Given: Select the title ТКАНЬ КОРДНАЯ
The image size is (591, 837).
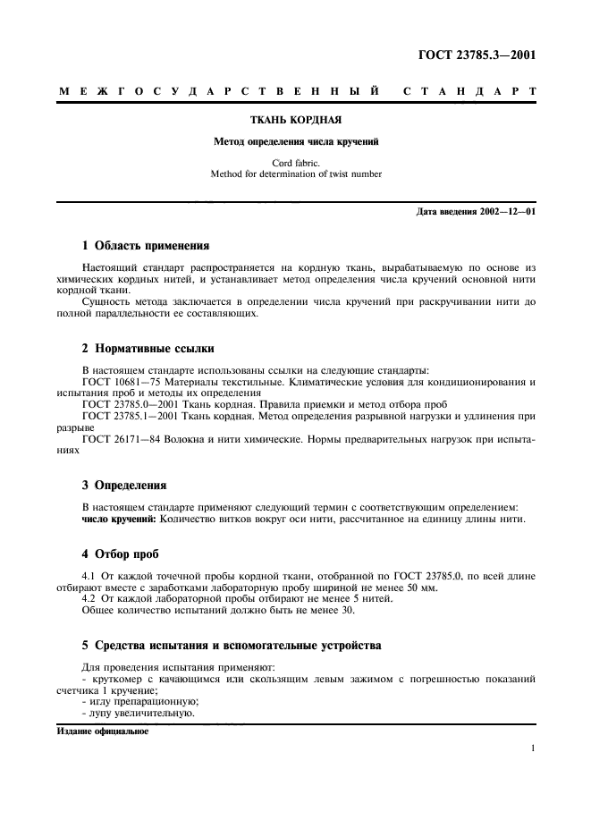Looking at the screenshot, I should click(x=295, y=119).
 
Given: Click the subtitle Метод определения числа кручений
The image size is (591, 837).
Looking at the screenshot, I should click(x=295, y=141).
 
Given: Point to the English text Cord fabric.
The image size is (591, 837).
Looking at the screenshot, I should click(x=295, y=163).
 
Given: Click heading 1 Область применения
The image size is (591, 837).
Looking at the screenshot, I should click(x=146, y=245).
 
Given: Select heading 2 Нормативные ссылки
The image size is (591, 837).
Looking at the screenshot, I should click(x=148, y=349).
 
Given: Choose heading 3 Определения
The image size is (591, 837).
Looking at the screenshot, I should click(x=124, y=486).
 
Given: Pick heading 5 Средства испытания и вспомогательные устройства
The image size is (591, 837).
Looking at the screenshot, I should click(x=232, y=646).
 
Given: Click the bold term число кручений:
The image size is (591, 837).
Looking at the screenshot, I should click(x=119, y=520).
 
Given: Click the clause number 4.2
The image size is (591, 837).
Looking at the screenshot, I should click(x=89, y=600).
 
